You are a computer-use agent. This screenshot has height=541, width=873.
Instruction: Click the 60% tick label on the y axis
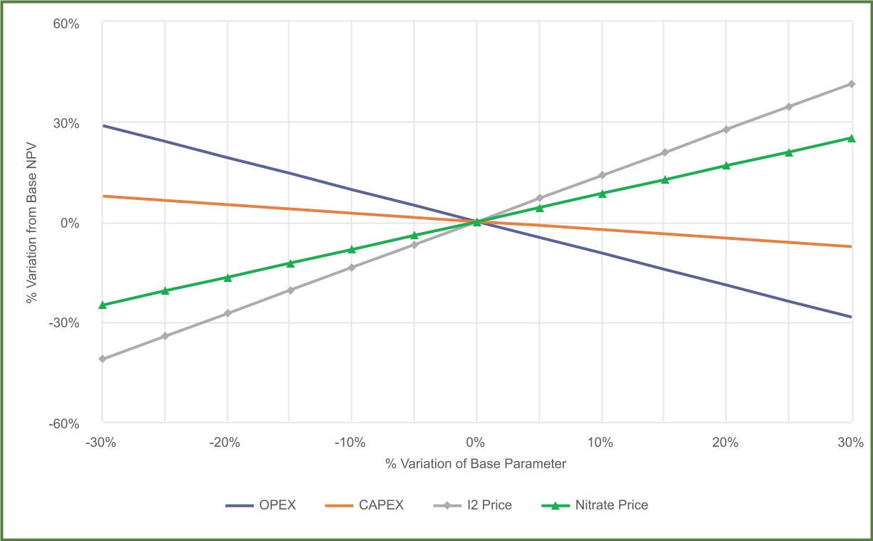click(66, 23)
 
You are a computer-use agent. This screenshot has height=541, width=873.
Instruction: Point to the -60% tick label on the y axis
click(64, 424)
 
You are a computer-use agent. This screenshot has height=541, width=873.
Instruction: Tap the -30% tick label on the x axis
click(102, 442)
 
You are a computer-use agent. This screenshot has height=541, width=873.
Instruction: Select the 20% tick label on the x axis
click(726, 442)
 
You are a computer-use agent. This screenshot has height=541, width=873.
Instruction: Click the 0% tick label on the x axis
click(476, 442)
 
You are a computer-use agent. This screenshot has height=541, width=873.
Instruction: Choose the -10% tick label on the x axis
click(351, 442)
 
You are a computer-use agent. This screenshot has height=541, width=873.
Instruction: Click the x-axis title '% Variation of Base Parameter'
click(476, 464)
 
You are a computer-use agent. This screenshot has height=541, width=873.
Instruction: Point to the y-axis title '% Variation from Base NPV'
click(31, 223)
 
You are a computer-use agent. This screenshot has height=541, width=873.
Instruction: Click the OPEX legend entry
click(261, 505)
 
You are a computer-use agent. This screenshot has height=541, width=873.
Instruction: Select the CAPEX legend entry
click(364, 505)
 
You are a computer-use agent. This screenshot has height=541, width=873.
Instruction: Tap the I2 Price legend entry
click(472, 505)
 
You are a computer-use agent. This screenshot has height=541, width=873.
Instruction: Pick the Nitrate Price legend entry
click(595, 505)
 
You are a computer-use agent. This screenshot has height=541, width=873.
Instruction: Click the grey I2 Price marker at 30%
click(851, 84)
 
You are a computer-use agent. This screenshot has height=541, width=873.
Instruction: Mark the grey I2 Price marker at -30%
click(103, 359)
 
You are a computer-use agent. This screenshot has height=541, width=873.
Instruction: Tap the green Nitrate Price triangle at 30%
click(851, 138)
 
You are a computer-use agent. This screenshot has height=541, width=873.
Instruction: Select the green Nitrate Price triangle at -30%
click(103, 305)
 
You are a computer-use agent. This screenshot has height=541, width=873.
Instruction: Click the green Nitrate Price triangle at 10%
click(602, 194)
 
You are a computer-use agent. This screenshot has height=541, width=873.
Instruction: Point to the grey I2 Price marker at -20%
click(228, 313)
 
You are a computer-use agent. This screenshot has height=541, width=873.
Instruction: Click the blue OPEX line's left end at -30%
click(104, 125)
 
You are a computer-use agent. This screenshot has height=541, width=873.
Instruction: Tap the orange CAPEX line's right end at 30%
click(850, 246)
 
